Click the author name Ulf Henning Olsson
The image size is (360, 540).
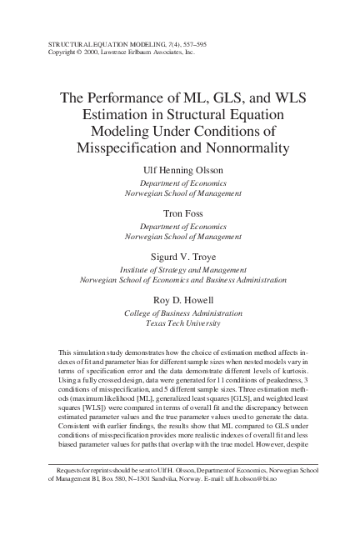pos(180,170)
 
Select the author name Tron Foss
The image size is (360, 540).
pos(180,212)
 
